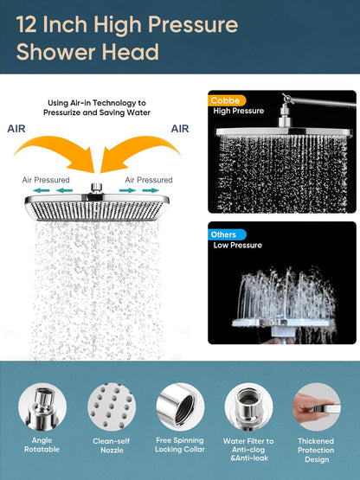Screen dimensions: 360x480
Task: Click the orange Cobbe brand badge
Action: (227, 100)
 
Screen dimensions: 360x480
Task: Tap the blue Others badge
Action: (227, 234)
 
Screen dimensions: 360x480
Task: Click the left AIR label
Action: (16, 129)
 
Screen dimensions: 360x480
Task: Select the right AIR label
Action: (180, 129)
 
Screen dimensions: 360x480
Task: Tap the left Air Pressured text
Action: (46, 180)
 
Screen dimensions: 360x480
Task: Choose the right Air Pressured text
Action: (149, 180)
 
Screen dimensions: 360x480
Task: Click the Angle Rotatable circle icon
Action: (42, 406)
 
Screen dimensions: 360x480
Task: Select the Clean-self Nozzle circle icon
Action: (112, 406)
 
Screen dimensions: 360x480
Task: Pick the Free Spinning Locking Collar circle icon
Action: (180, 406)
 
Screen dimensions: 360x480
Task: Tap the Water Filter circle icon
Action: (248, 406)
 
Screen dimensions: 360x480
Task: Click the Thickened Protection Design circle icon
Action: (317, 406)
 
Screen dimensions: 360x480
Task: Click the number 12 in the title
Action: (26, 24)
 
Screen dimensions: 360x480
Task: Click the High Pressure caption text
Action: (238, 111)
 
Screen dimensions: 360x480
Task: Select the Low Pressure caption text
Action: (238, 246)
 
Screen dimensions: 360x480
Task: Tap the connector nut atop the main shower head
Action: (97, 188)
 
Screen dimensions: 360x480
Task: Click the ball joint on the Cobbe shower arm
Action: (286, 99)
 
